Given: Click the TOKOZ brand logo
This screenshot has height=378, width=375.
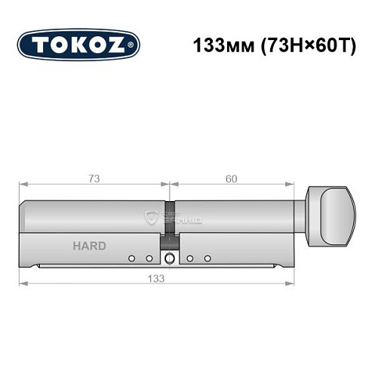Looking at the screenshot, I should coord(78,45).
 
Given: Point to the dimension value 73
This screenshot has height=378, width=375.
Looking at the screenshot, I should coord(94,178).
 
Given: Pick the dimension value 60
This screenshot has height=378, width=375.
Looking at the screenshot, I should coord(231,178).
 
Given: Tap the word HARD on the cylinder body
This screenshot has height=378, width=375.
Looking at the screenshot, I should coord(89,246).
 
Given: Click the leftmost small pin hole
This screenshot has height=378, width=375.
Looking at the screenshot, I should coord(132,259).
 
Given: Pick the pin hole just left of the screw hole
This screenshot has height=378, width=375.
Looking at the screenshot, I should coord(149,259).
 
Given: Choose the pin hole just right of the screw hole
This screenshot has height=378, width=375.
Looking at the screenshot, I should coord(190,259).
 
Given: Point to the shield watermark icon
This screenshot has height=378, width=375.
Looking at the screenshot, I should coord(150,218).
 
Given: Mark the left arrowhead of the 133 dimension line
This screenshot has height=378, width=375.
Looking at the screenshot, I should coord(22,284).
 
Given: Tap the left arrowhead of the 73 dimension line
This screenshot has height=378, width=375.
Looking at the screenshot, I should coord(22,185).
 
